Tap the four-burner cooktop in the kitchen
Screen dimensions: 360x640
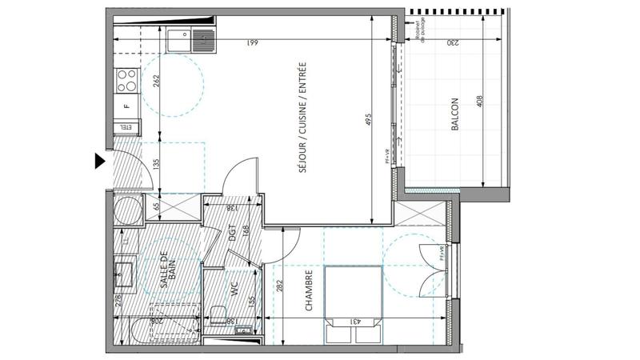(x=126, y=78)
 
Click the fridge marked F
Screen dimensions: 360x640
(x=126, y=105)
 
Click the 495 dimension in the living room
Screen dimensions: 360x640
(x=370, y=120)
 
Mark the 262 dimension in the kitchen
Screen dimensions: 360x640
(x=158, y=80)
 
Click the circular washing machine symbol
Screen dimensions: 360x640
(x=125, y=210)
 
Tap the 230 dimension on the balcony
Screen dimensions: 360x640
(x=452, y=42)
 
